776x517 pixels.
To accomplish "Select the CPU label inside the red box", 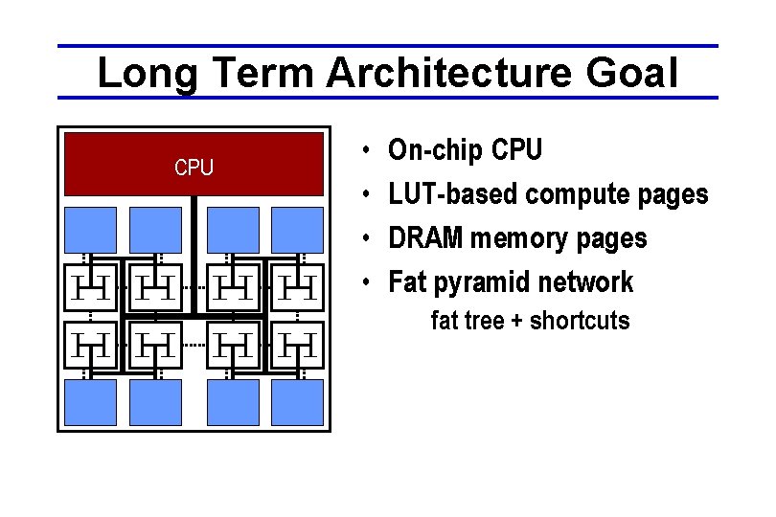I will pyautogui.click(x=194, y=168).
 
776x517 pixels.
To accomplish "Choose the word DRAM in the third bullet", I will pyautogui.click(x=421, y=238).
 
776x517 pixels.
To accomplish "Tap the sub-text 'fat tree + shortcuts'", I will pyautogui.click(x=530, y=321).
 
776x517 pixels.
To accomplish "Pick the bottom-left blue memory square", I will pyautogui.click(x=90, y=402).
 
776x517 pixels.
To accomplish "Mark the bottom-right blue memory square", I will pyautogui.click(x=297, y=402).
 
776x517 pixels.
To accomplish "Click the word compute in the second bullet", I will pyautogui.click(x=571, y=194).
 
